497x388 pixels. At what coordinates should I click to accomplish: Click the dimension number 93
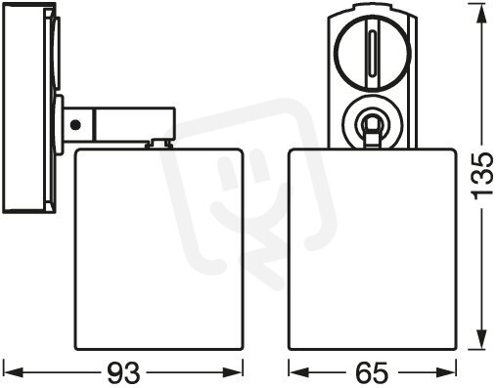(123, 372)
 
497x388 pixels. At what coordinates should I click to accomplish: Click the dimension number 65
(372, 372)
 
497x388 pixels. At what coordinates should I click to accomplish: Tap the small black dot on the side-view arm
(75, 124)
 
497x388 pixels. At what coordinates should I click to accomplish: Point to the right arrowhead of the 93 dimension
(232, 372)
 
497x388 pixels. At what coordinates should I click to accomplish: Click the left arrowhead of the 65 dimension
(298, 372)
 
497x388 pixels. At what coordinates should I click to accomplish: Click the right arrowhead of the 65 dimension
(445, 372)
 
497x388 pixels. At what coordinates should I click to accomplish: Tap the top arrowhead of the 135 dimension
(481, 15)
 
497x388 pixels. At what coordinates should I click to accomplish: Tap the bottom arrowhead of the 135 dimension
(481, 339)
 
